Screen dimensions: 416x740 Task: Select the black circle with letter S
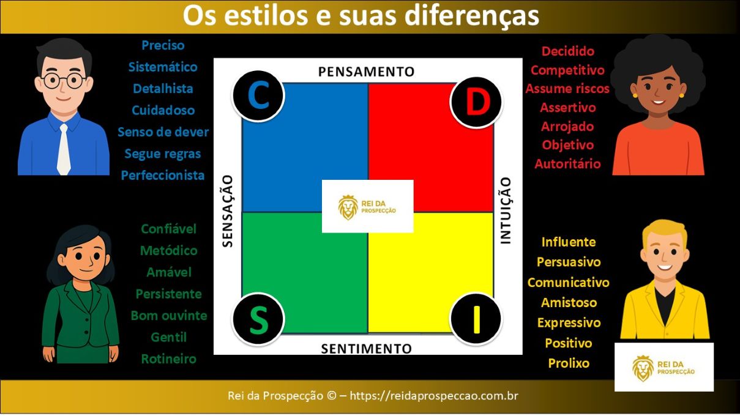[x=258, y=319]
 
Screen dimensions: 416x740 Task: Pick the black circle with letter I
[x=476, y=319]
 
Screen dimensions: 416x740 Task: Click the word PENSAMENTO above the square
[x=366, y=72]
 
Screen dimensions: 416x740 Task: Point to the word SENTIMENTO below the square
[x=366, y=349]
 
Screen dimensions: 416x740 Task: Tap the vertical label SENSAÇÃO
[x=227, y=211]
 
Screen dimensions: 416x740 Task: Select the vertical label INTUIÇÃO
[x=506, y=211]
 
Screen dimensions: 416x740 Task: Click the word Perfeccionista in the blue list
[x=163, y=176]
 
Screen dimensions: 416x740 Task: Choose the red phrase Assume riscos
[x=567, y=89]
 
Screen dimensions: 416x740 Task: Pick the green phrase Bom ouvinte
[x=169, y=316]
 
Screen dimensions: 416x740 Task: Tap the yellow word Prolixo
[x=569, y=363]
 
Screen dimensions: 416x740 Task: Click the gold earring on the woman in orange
[x=635, y=95]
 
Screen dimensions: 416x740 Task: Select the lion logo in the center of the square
[x=348, y=207]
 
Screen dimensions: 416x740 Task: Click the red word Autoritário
[x=567, y=164]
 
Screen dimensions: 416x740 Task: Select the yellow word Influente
[x=568, y=242]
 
